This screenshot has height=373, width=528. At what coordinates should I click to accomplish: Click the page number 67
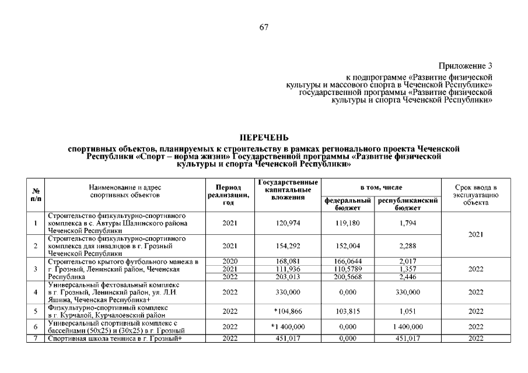tap(264, 27)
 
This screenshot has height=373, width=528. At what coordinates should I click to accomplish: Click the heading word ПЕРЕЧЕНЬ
tap(264, 138)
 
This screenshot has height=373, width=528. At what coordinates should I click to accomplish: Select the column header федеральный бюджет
tap(348, 204)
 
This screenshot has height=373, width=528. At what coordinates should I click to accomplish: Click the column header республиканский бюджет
tap(408, 204)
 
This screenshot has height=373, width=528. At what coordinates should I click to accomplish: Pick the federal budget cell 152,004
tap(348, 247)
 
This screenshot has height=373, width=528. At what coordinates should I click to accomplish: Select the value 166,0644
tap(348, 262)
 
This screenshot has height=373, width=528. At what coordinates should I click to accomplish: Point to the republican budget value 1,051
tap(408, 312)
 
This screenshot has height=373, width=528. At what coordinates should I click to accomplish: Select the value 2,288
tap(408, 247)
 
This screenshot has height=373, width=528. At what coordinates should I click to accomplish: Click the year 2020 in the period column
tap(229, 262)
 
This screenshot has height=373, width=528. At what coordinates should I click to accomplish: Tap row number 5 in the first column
tap(36, 312)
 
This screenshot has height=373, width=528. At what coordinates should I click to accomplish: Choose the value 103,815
tap(348, 312)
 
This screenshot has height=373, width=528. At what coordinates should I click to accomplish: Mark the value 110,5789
tap(348, 269)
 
